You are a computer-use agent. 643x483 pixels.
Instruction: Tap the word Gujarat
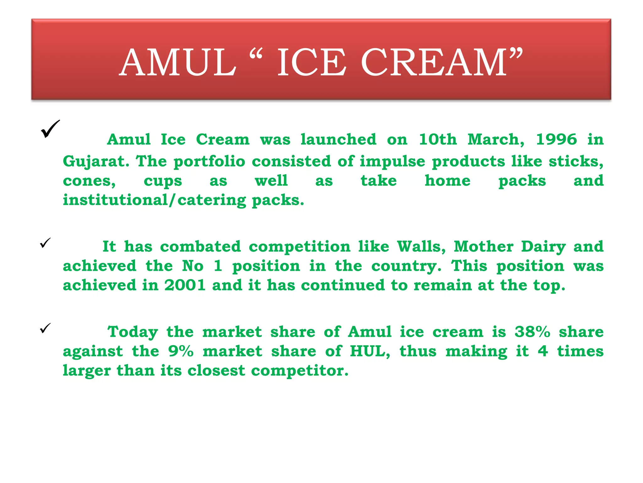click(96, 162)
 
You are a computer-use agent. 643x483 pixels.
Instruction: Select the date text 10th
click(438, 139)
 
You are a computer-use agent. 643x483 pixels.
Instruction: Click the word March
click(495, 139)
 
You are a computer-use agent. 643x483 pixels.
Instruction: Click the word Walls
click(421, 247)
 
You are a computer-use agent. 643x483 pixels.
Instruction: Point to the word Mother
click(484, 247)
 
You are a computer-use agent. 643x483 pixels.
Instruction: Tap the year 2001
click(185, 285)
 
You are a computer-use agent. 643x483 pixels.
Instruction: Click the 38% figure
click(532, 332)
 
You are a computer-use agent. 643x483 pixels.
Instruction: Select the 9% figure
click(181, 351)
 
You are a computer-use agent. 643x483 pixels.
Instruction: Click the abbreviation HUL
click(370, 351)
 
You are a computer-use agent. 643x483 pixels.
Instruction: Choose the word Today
click(132, 332)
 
